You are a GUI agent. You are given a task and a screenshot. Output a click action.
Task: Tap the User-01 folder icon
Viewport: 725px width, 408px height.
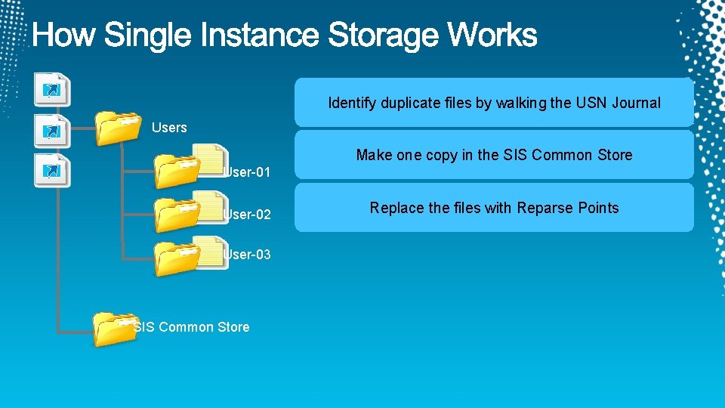point(176,171)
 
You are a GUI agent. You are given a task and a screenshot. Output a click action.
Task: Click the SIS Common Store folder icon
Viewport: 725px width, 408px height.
point(113,329)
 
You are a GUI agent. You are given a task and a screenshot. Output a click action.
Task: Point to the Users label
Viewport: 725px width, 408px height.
point(169,128)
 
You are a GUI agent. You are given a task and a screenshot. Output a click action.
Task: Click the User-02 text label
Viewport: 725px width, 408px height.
point(247,215)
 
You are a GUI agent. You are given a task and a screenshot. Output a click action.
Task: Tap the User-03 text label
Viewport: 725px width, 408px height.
point(247,255)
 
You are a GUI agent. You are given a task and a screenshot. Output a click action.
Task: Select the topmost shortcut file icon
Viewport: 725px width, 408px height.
point(54,89)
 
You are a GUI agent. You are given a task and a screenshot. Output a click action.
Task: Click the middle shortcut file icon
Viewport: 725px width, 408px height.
point(54,130)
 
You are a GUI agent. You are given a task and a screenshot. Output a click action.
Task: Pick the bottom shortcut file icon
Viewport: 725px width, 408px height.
point(54,169)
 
